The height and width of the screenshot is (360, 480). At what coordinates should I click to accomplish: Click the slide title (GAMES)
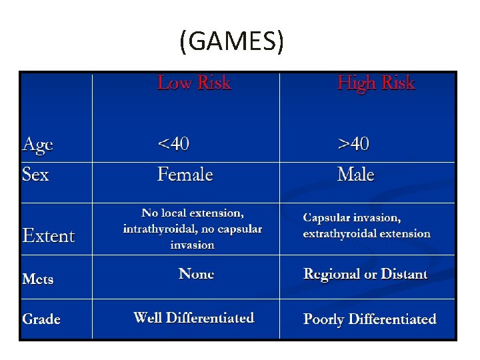point(231,42)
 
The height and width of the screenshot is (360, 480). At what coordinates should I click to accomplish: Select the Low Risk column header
point(193,83)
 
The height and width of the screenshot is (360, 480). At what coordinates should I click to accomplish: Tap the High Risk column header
point(375,83)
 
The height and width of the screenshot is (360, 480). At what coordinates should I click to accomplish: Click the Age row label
point(38,145)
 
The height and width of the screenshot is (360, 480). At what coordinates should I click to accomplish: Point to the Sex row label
point(35,175)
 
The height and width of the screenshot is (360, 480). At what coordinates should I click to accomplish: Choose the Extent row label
point(49,236)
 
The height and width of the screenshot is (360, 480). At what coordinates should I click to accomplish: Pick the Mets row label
point(38,279)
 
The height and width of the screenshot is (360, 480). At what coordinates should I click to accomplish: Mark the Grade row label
point(41,319)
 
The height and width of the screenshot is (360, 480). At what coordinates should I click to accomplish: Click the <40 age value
point(173,143)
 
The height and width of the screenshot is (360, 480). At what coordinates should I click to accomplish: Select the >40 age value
point(353,143)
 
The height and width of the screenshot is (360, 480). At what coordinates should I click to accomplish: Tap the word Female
point(185,175)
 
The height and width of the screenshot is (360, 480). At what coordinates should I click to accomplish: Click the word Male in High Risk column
point(355,175)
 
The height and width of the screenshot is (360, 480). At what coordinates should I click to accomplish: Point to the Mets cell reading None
point(196,274)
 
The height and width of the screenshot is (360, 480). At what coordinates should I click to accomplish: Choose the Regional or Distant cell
point(365,274)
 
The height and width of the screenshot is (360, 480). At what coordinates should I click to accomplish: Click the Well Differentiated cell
point(194,317)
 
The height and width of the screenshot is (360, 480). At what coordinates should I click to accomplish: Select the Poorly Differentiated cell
point(369,319)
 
